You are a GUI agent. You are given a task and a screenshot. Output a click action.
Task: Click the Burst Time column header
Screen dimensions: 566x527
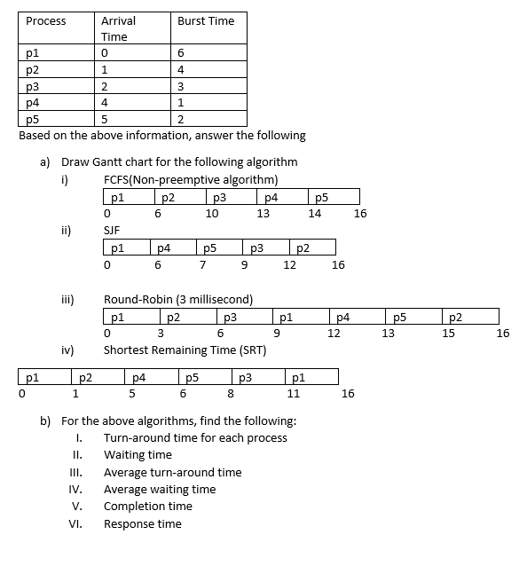click(x=205, y=20)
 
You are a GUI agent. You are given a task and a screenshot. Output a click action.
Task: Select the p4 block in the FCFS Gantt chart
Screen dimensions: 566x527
click(x=281, y=196)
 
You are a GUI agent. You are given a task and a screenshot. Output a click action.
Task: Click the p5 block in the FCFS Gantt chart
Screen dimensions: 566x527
click(x=333, y=196)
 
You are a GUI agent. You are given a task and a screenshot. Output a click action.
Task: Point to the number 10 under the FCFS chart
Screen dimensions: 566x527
click(x=212, y=214)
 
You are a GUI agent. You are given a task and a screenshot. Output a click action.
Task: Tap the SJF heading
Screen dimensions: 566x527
click(x=112, y=229)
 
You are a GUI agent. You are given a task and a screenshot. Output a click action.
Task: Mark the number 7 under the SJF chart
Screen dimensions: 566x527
click(x=203, y=264)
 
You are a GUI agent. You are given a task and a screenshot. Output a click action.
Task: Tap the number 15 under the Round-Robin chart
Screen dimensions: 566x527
click(x=449, y=334)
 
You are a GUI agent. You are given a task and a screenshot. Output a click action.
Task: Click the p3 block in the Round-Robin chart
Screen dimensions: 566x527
click(x=243, y=316)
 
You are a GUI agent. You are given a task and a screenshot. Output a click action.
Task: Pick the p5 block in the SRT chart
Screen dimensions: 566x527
click(x=205, y=376)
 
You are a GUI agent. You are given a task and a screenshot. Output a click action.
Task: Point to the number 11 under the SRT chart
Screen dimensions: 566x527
click(x=294, y=394)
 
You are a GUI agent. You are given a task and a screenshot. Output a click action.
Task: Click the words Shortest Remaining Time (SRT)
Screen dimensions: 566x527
click(x=185, y=350)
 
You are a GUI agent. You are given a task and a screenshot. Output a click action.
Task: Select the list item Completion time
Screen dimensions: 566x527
click(x=147, y=507)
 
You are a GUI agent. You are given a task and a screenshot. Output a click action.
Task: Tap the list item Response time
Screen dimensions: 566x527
click(x=142, y=523)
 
